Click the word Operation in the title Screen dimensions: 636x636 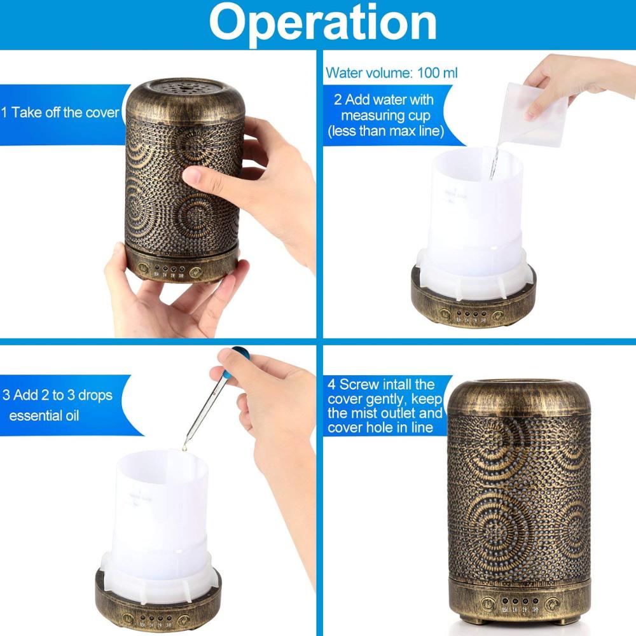click(322, 23)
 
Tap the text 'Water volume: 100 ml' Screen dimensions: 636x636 click(391, 73)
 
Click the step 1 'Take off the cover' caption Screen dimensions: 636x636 click(60, 113)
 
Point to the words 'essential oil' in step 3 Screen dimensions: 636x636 click(44, 416)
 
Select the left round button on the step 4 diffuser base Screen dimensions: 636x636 click(488, 604)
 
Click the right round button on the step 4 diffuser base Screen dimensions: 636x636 click(552, 604)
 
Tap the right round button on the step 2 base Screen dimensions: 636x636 click(498, 315)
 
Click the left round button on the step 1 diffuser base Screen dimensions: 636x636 click(143, 268)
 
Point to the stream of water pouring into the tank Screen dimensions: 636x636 click(494, 162)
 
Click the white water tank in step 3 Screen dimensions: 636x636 click(161, 523)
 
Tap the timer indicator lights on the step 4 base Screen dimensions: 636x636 click(520, 601)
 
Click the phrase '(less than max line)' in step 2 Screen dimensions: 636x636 click(386, 131)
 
